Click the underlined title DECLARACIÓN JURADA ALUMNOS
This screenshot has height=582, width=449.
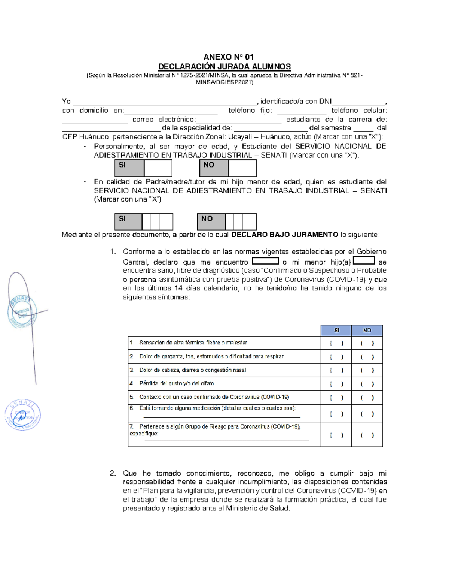[224, 67]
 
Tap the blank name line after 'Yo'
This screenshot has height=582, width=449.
[165, 102]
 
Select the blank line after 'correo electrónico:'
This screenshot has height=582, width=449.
[238, 120]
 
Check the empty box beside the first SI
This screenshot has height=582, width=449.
[158, 168]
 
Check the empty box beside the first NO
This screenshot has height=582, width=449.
[242, 168]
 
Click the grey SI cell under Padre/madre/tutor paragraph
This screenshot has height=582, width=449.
[128, 221]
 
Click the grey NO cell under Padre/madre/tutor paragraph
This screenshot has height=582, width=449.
[211, 221]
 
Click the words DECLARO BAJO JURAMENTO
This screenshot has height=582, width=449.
[285, 235]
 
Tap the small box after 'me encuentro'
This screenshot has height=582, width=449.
[265, 261]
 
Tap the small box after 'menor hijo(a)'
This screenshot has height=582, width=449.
[364, 260]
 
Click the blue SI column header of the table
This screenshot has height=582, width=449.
[336, 330]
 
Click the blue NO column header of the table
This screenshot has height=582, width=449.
[367, 330]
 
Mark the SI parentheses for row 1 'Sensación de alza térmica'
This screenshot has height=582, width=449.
[336, 343]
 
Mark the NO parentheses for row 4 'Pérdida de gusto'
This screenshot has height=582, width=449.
[367, 384]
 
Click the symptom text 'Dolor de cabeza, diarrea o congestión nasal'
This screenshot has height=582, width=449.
[192, 370]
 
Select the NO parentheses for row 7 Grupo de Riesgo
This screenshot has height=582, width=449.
[367, 435]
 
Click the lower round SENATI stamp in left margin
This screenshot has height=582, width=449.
[22, 415]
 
